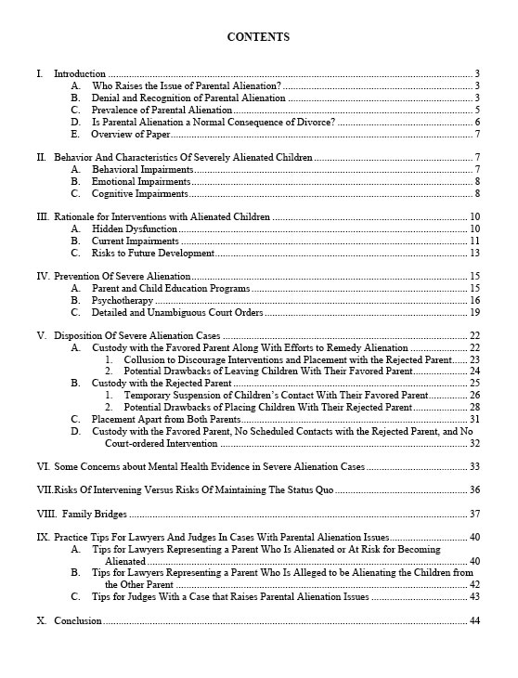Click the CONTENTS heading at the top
coord(258,37)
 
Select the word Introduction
coord(80,73)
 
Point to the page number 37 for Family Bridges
coord(474,514)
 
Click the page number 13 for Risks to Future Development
coord(474,253)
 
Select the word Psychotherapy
coord(123,300)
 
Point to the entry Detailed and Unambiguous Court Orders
coord(177,313)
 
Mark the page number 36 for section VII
coord(474,489)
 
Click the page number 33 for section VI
coord(474,466)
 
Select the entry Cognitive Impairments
coord(140,194)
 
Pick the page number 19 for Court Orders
coord(474,313)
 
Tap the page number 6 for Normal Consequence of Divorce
coord(476,122)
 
